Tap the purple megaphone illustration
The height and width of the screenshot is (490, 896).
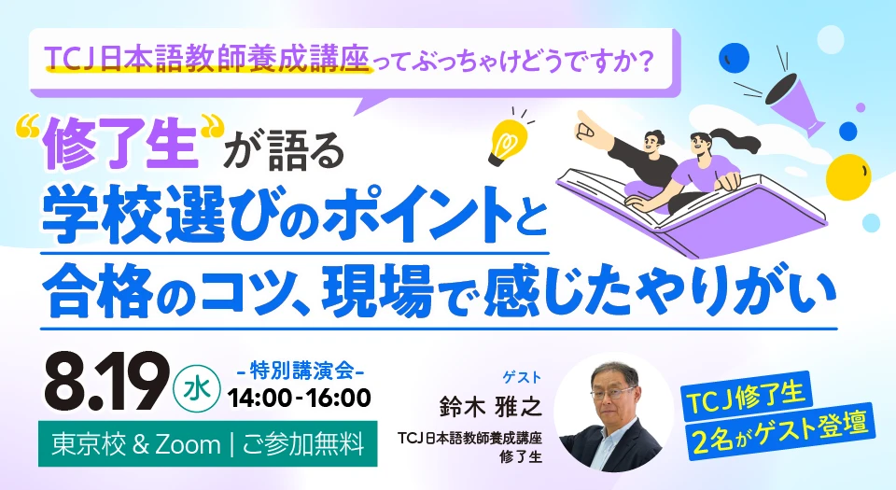click(x=795, y=101)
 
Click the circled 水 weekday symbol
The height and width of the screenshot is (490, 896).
click(x=197, y=389)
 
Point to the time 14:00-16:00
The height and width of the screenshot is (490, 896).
click(x=300, y=398)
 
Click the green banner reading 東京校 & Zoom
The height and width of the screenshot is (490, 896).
click(x=208, y=443)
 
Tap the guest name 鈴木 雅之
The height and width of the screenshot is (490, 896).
click(x=490, y=407)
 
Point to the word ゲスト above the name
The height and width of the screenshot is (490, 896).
click(x=521, y=377)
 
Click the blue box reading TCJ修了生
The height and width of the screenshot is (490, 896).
click(x=747, y=398)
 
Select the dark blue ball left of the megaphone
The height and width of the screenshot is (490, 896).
click(x=734, y=57)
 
